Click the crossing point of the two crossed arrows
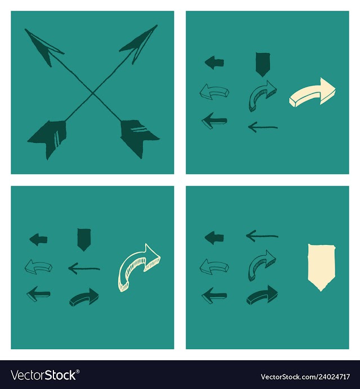coord(92,93)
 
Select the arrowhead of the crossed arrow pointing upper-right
coord(139,43)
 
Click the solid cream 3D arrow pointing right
coord(313,92)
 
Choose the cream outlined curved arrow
coord(139,268)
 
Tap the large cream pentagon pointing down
coord(321,267)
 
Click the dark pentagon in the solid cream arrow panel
coord(263,65)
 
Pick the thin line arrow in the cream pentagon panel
coord(262,236)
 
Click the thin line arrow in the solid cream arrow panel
coord(263,128)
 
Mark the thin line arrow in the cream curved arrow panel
coord(84,269)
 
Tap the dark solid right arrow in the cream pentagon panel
coord(262,295)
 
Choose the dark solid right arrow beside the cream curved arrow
coord(84,297)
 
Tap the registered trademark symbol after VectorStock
coord(78,372)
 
